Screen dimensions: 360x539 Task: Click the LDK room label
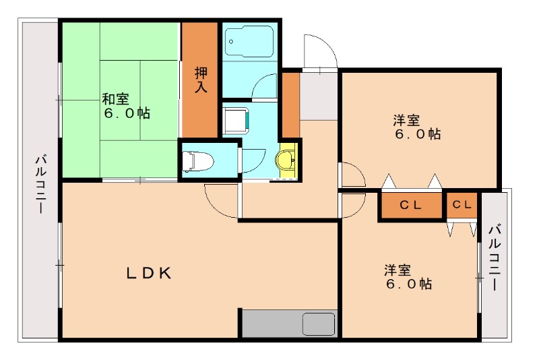pos(150,273)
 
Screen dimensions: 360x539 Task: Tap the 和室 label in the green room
pos(115,98)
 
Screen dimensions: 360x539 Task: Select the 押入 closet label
pos(200,80)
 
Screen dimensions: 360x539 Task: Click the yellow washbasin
pos(287,160)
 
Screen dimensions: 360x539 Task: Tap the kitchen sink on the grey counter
pos(318,324)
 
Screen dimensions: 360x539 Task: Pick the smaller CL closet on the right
pos(462,205)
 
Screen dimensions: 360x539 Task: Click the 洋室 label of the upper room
pos(407,120)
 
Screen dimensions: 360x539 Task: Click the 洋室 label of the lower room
pos(398,270)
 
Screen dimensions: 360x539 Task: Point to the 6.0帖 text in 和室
pos(127,113)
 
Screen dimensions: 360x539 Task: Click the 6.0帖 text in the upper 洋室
pos(418,134)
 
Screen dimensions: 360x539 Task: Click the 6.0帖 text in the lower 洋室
pos(409,284)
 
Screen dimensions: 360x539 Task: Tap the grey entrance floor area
pos(319,94)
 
